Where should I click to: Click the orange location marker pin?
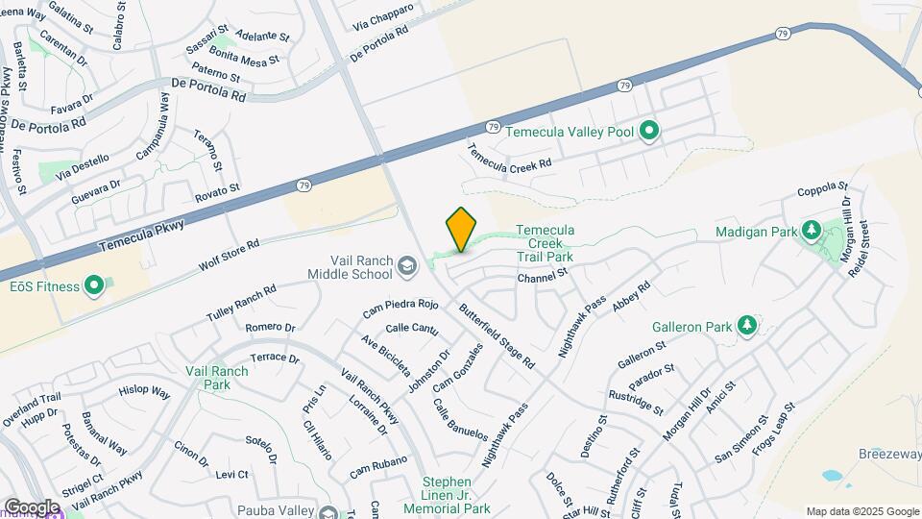tap(461, 230)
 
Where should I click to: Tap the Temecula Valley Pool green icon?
tap(649, 130)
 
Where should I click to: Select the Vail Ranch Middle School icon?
tap(407, 265)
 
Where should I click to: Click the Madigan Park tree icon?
tap(810, 231)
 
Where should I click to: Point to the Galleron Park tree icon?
tap(747, 326)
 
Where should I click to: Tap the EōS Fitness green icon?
tap(94, 285)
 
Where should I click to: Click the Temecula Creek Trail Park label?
tap(545, 243)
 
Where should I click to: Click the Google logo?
tap(31, 507)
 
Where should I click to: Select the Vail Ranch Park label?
tap(207, 377)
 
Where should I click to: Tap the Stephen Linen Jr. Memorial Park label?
tap(457, 495)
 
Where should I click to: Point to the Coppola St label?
tap(823, 187)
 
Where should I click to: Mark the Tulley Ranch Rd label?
tap(241, 303)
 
